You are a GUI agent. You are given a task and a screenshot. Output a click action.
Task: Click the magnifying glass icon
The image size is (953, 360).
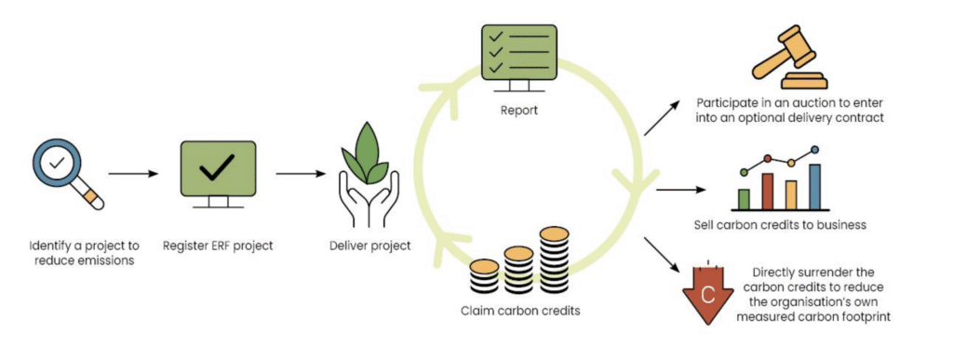66,171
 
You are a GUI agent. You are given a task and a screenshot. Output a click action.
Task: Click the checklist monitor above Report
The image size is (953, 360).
519,60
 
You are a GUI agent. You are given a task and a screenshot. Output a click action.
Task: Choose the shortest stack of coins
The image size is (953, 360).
484,277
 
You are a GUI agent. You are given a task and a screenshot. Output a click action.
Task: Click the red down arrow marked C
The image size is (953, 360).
707,294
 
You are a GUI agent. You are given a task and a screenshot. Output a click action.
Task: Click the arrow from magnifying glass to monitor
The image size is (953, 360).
133,174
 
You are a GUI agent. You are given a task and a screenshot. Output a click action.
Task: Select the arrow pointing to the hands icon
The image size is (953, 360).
301,174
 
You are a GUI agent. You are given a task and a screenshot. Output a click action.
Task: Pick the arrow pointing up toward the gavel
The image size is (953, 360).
662,118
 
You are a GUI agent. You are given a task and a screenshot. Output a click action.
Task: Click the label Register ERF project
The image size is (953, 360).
218,247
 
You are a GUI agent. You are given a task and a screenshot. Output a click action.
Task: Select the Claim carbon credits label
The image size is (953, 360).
519,311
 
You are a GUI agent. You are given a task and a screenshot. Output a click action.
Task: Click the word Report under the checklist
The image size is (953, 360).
518,111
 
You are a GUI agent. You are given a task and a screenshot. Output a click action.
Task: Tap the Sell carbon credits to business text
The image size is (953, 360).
780,226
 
